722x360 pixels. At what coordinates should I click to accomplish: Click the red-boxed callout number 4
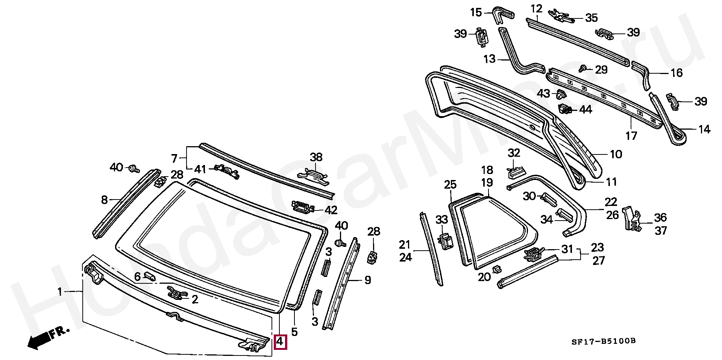pyautogui.click(x=281, y=342)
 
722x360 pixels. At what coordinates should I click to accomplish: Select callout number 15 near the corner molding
pyautogui.click(x=476, y=12)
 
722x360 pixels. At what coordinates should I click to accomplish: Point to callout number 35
pyautogui.click(x=591, y=18)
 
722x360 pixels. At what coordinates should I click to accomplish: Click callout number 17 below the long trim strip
pyautogui.click(x=631, y=135)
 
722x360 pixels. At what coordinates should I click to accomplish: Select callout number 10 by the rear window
pyautogui.click(x=616, y=154)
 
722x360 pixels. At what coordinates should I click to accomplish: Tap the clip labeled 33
pyautogui.click(x=446, y=240)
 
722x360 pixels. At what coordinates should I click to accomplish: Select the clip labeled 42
pyautogui.click(x=303, y=207)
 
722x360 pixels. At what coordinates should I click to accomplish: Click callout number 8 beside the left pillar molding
pyautogui.click(x=105, y=200)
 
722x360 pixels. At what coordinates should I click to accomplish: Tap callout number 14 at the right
pyautogui.click(x=704, y=129)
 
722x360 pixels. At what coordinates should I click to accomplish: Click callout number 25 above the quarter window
pyautogui.click(x=450, y=185)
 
